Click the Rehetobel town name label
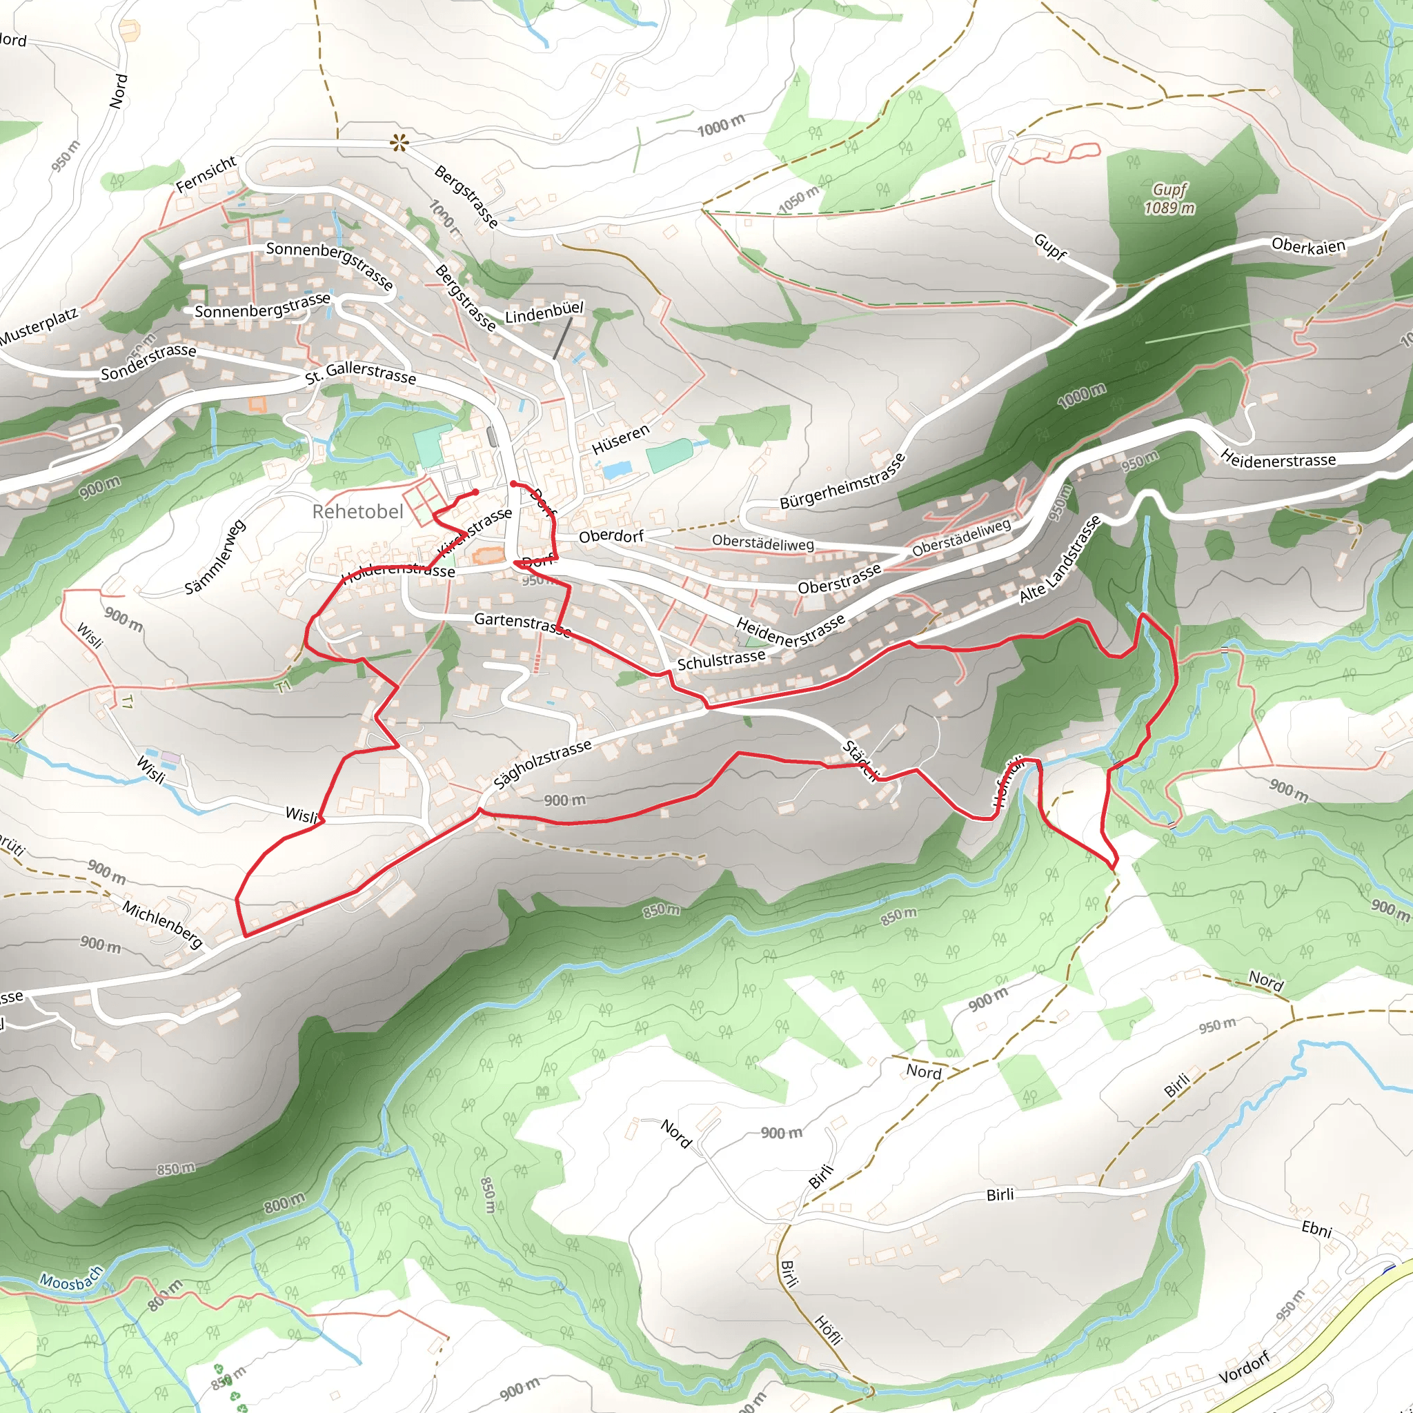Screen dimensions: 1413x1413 tap(357, 511)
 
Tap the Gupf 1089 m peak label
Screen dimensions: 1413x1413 tap(1169, 199)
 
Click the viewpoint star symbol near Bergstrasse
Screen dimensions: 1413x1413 tap(399, 143)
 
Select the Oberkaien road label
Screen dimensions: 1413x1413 tap(1308, 246)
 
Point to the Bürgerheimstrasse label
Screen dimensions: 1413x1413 tap(842, 482)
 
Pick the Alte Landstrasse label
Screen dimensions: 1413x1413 tap(1060, 559)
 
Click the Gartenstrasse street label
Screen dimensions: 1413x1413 tap(522, 623)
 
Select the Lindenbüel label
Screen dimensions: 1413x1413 tap(544, 313)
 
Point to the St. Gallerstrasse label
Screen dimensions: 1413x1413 tap(361, 373)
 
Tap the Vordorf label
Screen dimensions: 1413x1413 tap(1244, 1367)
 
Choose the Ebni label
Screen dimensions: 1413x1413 tap(1316, 1229)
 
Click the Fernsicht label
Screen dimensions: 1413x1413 tap(206, 174)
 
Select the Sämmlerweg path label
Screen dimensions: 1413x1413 tap(215, 557)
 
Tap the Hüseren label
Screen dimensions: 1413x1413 tap(620, 439)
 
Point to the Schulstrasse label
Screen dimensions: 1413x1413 tap(721, 660)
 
